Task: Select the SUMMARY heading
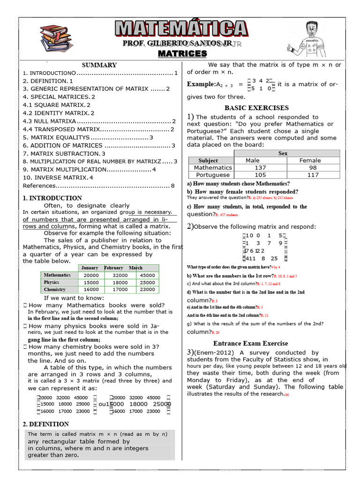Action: pos(99,65)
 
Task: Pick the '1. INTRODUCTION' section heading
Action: pos(52,198)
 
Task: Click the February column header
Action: pos(113,268)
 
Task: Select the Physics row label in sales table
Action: pos(52,283)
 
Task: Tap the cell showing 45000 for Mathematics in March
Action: pos(147,275)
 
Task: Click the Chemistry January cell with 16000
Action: pos(91,290)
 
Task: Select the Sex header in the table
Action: pos(283,153)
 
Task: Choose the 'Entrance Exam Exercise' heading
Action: pos(251,343)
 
